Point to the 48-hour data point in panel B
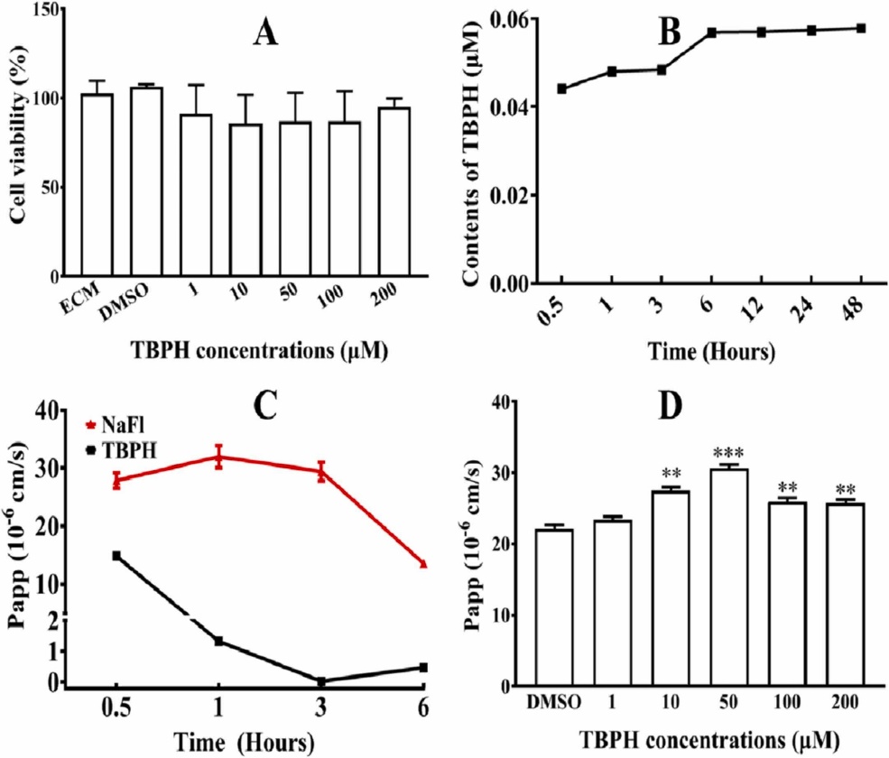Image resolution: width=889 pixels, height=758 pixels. [861, 28]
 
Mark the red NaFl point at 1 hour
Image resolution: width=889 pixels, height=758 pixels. [218, 458]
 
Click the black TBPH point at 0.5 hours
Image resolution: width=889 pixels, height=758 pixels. [116, 556]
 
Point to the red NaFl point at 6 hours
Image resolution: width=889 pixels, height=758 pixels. [422, 564]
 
